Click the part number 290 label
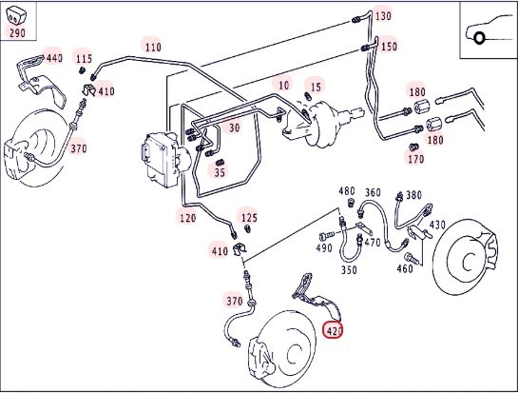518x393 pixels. (17, 33)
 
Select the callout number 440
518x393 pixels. (54, 59)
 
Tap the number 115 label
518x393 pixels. (84, 59)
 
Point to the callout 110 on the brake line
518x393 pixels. (153, 48)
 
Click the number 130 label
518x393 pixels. (383, 16)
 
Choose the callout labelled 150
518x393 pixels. (389, 47)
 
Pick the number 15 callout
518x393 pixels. (316, 87)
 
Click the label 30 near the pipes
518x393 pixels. (234, 128)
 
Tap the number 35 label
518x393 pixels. (220, 172)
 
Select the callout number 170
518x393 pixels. (415, 160)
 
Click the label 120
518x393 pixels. (187, 218)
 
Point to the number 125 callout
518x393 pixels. (249, 218)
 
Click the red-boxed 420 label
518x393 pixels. (334, 330)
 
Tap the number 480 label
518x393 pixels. (347, 191)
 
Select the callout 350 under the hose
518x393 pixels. (349, 270)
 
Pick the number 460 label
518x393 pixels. (405, 268)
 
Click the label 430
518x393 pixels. (437, 226)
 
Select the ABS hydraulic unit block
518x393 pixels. (164, 160)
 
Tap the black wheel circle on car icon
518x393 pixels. (479, 38)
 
